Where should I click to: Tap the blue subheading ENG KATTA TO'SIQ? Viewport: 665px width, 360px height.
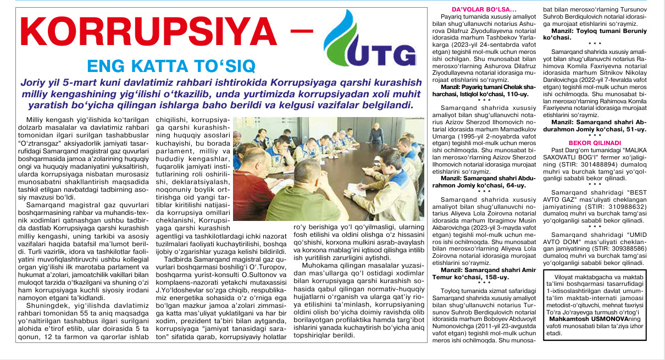pos(171,67)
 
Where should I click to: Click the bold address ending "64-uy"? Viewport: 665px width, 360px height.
pos(514,186)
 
